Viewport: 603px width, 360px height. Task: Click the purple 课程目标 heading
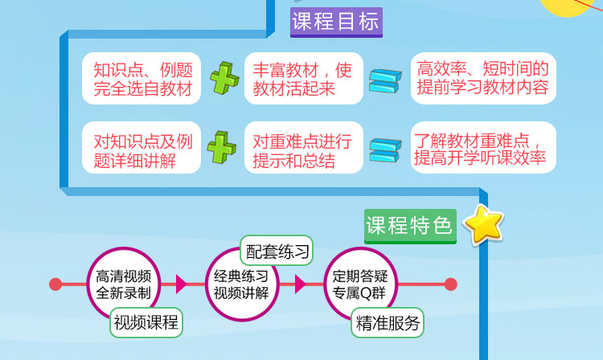pos(336,22)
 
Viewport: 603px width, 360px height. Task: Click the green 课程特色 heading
pos(409,225)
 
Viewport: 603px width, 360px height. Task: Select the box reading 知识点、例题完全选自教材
pos(143,78)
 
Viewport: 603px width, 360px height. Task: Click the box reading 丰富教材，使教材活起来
pos(303,78)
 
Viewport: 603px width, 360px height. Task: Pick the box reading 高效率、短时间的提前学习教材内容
pos(482,78)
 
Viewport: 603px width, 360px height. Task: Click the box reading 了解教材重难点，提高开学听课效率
pos(482,148)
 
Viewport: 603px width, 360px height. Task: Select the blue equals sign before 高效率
pos(384,80)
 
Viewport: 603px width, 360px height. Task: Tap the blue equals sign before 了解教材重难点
pos(384,150)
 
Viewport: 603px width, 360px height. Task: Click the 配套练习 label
pos(277,252)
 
